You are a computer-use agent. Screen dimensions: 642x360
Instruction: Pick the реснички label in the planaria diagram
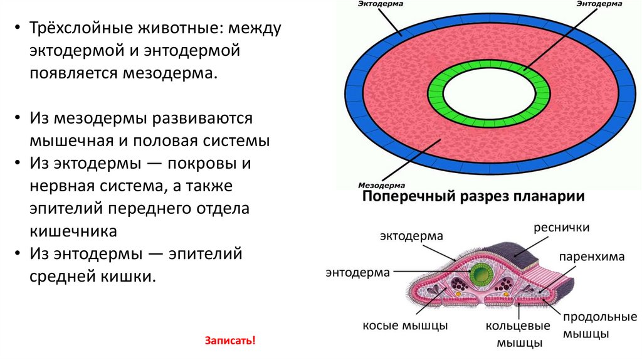[x=562, y=227]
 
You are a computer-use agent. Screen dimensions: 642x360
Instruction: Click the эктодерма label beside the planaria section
[x=411, y=236]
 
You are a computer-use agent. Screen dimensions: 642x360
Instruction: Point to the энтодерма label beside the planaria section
[x=358, y=272]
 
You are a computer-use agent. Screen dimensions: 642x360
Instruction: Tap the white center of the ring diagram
[x=489, y=93]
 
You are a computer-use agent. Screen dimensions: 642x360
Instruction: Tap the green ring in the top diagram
[x=489, y=67]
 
